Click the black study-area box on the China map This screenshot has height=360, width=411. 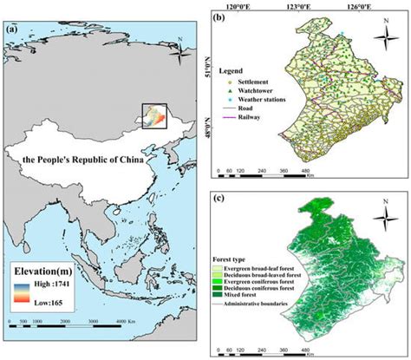point(152,115)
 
